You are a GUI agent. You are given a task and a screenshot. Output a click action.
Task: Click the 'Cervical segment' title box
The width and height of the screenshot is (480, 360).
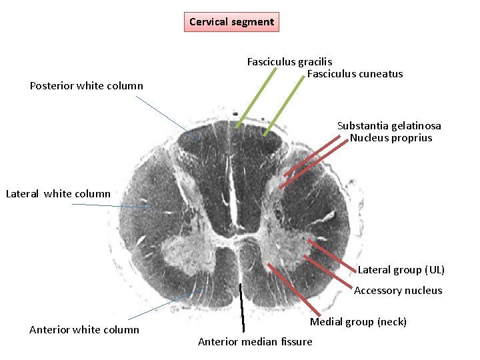tap(231, 22)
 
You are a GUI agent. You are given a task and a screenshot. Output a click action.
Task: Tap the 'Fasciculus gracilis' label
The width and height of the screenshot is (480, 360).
tap(289, 62)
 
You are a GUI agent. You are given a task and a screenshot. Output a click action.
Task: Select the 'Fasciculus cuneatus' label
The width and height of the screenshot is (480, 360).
tap(355, 74)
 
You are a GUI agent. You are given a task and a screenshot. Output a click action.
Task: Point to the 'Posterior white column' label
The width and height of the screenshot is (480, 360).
tap(87, 86)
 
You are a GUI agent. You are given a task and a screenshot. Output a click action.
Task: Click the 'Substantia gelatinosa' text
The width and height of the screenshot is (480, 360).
tap(389, 126)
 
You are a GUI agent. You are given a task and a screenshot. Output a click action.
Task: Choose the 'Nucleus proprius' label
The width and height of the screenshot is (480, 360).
tap(391, 138)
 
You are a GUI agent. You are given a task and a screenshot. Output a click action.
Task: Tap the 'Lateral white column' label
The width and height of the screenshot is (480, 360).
tap(58, 194)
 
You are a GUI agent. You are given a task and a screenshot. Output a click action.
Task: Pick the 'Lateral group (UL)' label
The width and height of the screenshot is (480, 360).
tap(401, 270)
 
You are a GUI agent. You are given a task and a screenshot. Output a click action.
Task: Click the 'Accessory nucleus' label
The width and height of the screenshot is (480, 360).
tap(398, 291)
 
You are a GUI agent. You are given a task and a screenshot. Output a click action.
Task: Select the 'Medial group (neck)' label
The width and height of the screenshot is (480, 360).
tap(358, 322)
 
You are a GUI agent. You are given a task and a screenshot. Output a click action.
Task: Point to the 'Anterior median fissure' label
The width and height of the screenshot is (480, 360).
tap(255, 342)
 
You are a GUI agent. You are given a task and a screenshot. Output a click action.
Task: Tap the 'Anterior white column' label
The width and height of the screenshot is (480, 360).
tap(85, 329)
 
